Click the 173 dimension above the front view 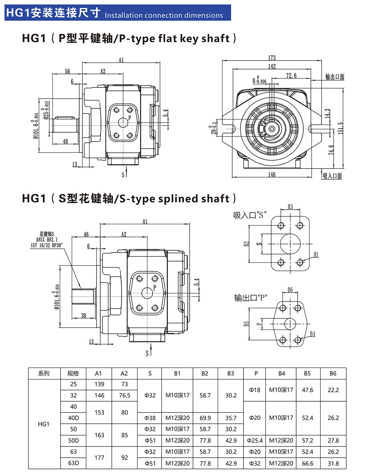272,58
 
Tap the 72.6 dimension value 291,75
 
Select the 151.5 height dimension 340,128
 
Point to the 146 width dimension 272,174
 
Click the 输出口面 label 335,77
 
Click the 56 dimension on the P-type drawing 68,71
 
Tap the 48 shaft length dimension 65,141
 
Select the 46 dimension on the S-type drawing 86,234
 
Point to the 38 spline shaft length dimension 83,315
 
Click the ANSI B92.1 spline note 47,239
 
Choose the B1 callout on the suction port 316,254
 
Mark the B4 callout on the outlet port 312,334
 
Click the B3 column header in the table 230,373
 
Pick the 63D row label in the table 73,463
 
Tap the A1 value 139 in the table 99,384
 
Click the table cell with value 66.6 307,463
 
